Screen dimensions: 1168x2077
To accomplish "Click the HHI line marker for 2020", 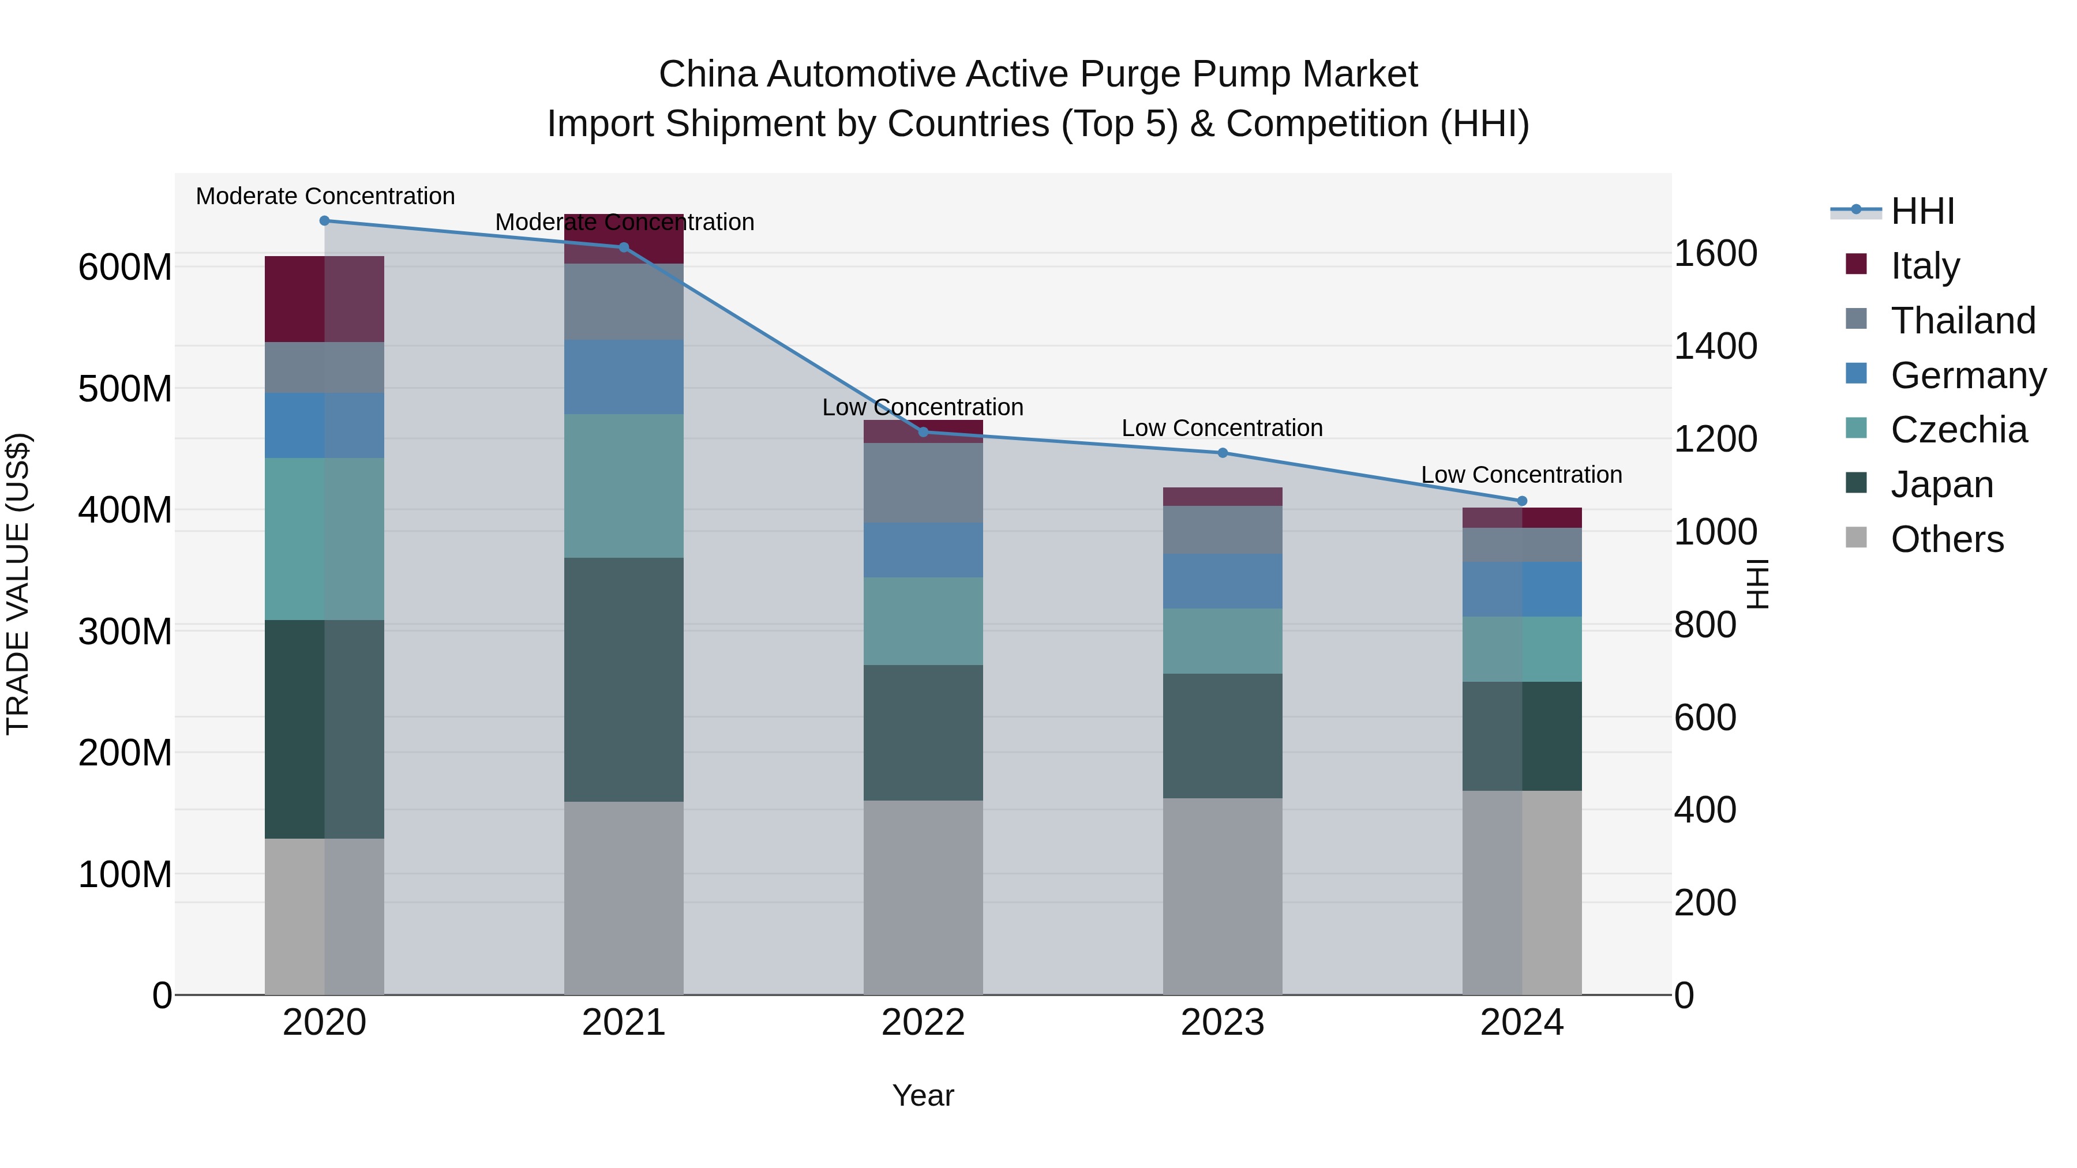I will click(x=324, y=221).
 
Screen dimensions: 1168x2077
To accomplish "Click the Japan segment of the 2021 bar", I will click(x=623, y=679).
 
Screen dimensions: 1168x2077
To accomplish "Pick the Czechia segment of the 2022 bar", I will click(x=923, y=621).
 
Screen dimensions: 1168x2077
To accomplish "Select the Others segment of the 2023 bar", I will click(x=1223, y=896).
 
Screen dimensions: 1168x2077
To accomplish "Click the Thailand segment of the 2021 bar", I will click(x=623, y=302).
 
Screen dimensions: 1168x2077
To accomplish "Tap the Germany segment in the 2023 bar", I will click(x=1223, y=581).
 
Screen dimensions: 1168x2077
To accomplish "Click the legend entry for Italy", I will click(x=1924, y=266).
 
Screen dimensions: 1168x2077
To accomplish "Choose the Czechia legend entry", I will click(x=1958, y=430).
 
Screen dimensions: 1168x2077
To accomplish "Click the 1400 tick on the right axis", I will click(x=1715, y=346).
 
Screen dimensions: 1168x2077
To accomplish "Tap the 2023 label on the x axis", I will click(x=1223, y=1023).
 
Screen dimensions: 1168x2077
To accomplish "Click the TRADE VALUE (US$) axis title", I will click(x=18, y=584).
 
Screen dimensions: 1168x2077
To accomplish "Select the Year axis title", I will click(x=923, y=1095).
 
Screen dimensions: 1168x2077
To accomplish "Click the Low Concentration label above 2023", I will click(x=1223, y=428).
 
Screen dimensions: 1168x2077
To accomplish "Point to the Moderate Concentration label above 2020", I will click(x=325, y=196).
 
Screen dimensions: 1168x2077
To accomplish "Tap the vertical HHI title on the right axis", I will click(x=1756, y=584).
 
